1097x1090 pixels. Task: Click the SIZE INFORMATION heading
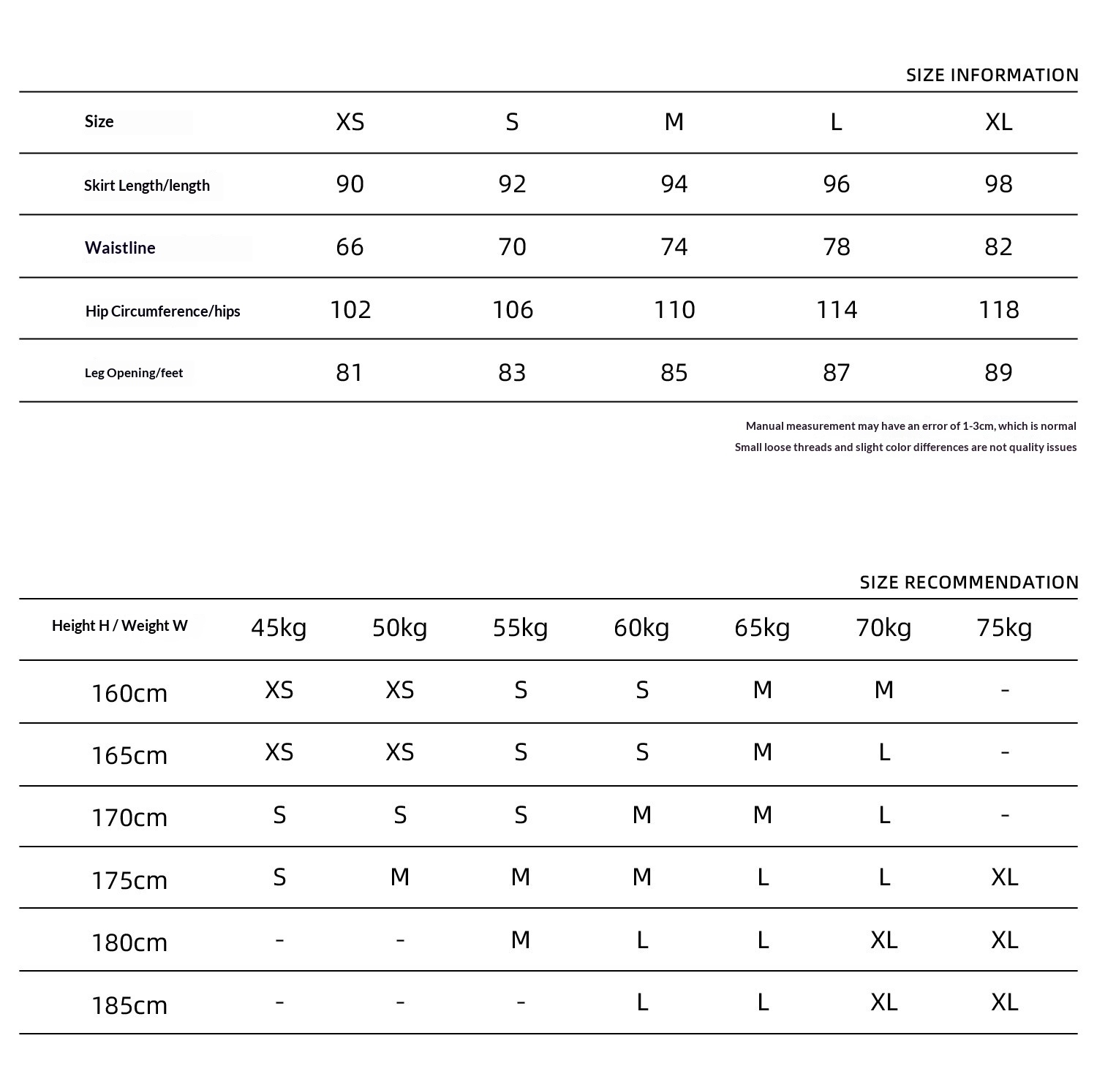tap(992, 75)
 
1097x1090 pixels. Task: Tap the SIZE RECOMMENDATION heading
tap(968, 583)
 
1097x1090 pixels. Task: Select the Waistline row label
tap(120, 248)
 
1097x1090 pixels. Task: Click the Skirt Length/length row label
tap(147, 186)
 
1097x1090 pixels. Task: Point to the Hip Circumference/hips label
tap(162, 311)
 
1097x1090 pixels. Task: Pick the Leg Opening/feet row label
tap(134, 373)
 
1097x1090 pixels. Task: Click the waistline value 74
tap(674, 247)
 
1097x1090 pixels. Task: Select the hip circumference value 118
tap(998, 310)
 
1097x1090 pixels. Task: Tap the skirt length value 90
tap(350, 184)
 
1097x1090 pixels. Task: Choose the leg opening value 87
tap(836, 373)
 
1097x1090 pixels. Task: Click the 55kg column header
tap(520, 627)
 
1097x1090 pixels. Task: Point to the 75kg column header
tap(1004, 627)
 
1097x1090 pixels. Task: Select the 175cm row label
tap(129, 880)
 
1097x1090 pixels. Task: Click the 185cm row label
tap(129, 1005)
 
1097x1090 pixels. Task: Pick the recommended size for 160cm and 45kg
tap(279, 690)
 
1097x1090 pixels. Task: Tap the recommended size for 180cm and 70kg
tap(883, 940)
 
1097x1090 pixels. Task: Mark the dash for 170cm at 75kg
tap(1004, 815)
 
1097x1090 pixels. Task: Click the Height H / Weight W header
tap(119, 626)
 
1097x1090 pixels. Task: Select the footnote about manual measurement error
tap(911, 426)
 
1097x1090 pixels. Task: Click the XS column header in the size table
tap(350, 122)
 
